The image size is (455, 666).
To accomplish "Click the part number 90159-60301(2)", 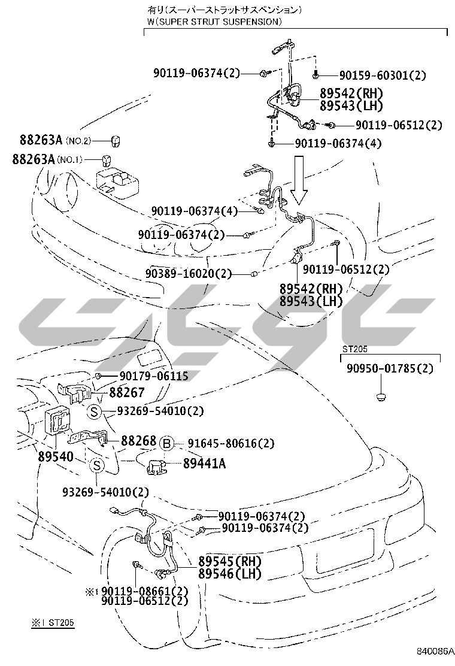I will (x=383, y=75).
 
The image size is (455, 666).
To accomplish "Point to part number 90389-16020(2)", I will (x=187, y=274).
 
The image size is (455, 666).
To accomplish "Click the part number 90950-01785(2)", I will (x=389, y=368).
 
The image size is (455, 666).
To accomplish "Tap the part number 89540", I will (x=57, y=457).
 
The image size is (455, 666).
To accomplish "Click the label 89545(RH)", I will (x=230, y=562).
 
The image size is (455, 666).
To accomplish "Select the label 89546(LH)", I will (x=230, y=574).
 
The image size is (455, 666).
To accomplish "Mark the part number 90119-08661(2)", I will (x=145, y=591).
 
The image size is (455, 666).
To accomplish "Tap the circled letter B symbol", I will (x=167, y=444).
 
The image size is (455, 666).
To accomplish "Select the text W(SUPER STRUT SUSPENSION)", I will (x=214, y=21).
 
